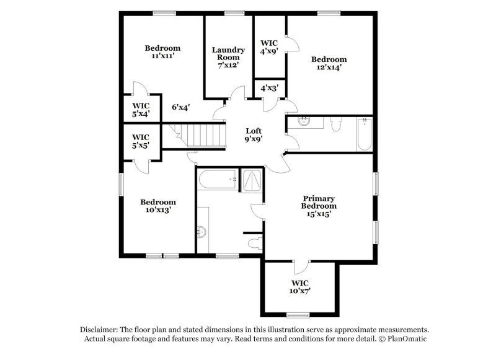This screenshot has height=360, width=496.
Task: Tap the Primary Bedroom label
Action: [319, 206]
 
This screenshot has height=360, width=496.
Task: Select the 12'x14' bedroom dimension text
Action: [329, 68]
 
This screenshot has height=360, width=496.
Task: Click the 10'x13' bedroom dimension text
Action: [157, 210]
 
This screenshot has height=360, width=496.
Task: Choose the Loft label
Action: [254, 131]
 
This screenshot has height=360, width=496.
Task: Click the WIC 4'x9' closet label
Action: [269, 48]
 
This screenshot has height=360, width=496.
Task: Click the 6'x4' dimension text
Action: [180, 107]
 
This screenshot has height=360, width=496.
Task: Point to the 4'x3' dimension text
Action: [268, 88]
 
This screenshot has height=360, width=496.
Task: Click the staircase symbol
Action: [201, 134]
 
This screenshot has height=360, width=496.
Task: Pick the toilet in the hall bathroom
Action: [335, 125]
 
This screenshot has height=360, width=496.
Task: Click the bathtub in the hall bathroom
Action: [364, 133]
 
